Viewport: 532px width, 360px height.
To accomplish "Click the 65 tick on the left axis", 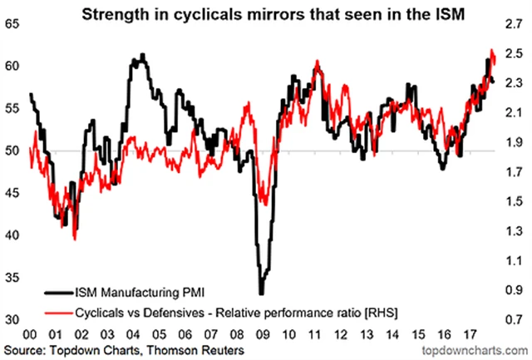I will tap(12, 24).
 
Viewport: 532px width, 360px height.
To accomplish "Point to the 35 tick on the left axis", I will tap(12, 278).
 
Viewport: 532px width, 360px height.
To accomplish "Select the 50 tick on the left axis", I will tap(12, 150).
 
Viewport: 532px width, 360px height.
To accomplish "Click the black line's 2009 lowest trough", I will tap(261, 293).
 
